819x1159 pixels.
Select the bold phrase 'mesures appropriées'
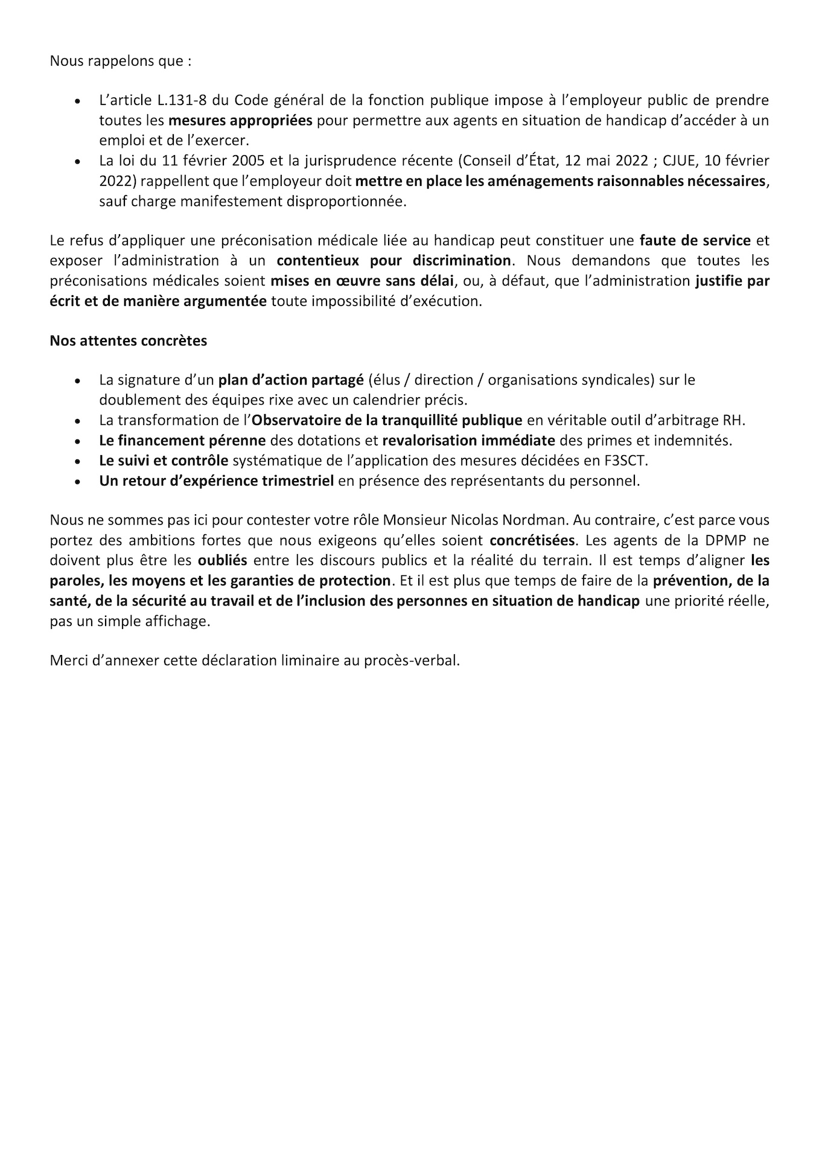point(240,120)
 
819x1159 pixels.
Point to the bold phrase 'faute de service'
point(695,240)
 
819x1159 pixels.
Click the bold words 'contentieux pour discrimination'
point(394,260)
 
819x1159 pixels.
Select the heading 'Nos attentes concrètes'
point(129,340)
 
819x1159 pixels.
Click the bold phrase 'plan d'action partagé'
point(291,380)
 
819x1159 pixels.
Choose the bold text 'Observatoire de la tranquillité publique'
point(387,420)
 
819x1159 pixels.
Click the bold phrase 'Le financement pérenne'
point(182,440)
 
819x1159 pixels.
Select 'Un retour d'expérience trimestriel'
point(216,481)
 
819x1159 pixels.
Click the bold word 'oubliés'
point(222,560)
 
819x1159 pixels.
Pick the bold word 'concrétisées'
point(532,540)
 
